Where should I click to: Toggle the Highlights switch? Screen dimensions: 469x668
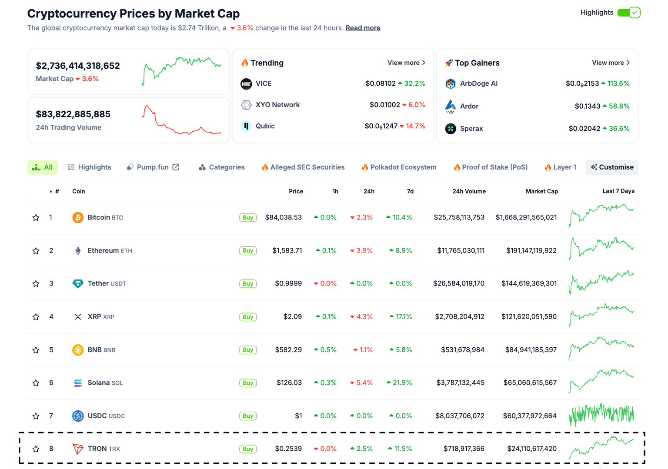pos(628,13)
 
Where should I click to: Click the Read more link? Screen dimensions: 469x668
pos(363,28)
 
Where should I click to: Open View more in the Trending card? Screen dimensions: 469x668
pos(406,63)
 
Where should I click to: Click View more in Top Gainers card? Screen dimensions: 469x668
pos(611,63)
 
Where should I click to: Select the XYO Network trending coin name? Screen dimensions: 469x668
pos(277,105)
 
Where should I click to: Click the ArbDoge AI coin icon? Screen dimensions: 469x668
pos(451,83)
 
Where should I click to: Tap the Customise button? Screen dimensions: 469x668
pos(612,167)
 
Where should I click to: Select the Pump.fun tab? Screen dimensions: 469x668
pos(153,167)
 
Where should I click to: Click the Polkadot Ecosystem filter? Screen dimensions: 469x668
pos(399,167)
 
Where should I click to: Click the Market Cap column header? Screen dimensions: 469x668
pos(541,191)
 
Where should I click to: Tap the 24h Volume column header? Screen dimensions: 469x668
pos(469,191)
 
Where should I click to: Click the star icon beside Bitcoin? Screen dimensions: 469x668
pos(36,218)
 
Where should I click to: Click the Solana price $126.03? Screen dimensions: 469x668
pos(289,383)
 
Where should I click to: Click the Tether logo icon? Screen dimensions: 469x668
pos(78,284)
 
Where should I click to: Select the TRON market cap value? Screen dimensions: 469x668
pos(531,449)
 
